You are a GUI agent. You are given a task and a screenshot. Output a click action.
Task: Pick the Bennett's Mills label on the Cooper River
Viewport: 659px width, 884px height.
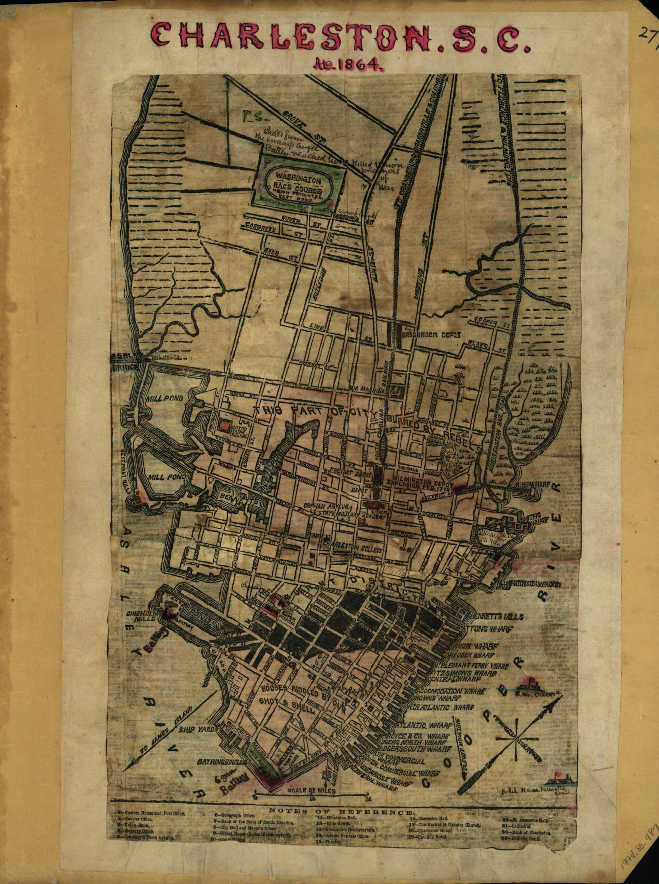[x=497, y=617]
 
